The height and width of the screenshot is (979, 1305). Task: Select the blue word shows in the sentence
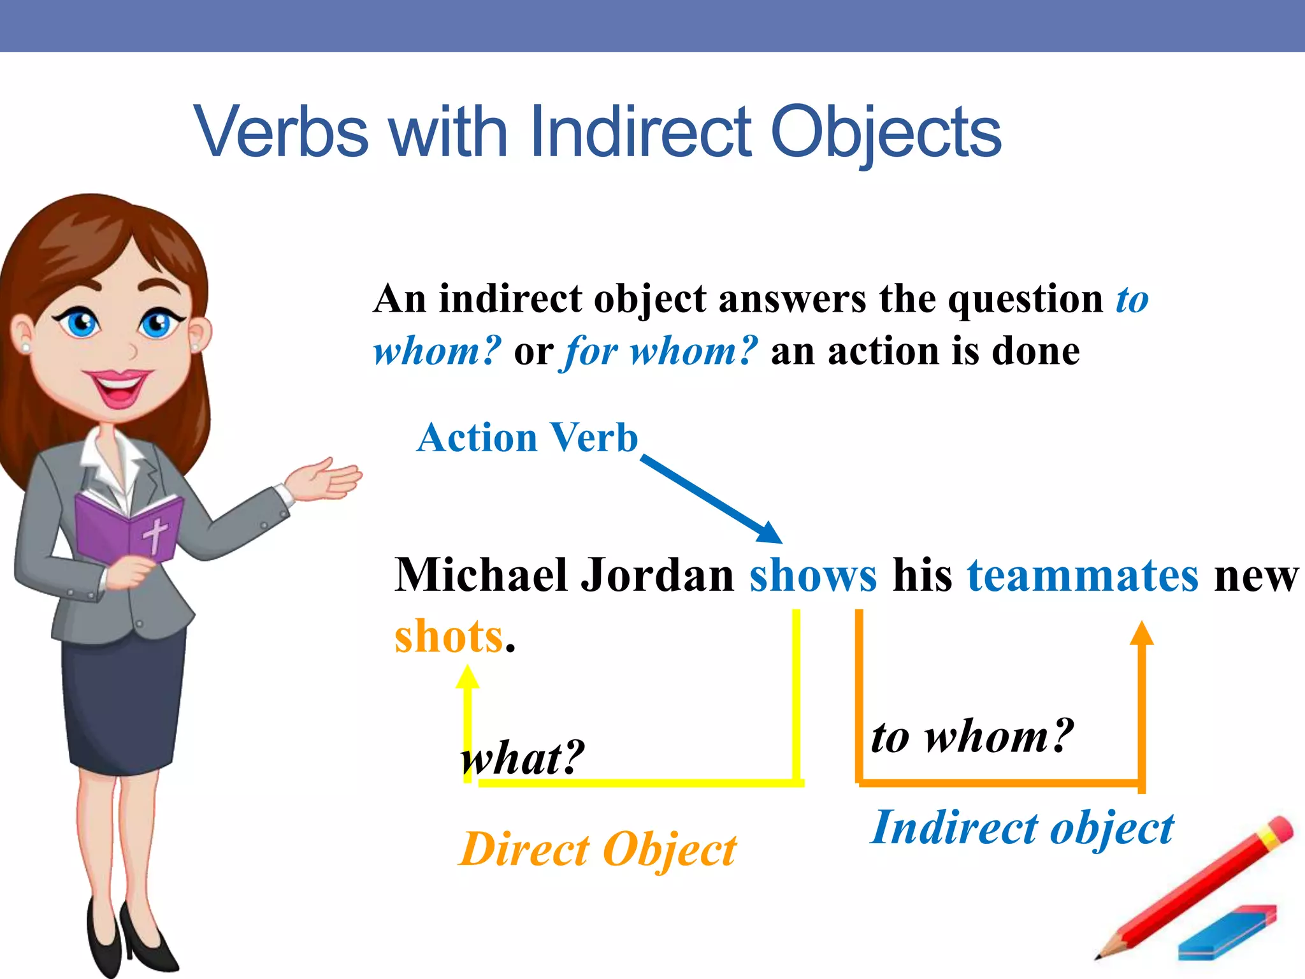pos(812,576)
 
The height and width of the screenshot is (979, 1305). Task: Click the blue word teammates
pos(1083,576)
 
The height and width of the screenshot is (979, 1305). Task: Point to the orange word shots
pos(449,637)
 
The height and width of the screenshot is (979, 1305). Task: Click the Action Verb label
pos(527,438)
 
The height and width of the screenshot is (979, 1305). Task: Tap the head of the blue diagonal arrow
pos(771,533)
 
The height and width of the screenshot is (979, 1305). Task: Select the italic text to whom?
pos(972,736)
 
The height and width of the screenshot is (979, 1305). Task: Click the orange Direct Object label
pos(597,850)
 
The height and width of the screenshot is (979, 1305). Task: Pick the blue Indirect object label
pos(1021,828)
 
